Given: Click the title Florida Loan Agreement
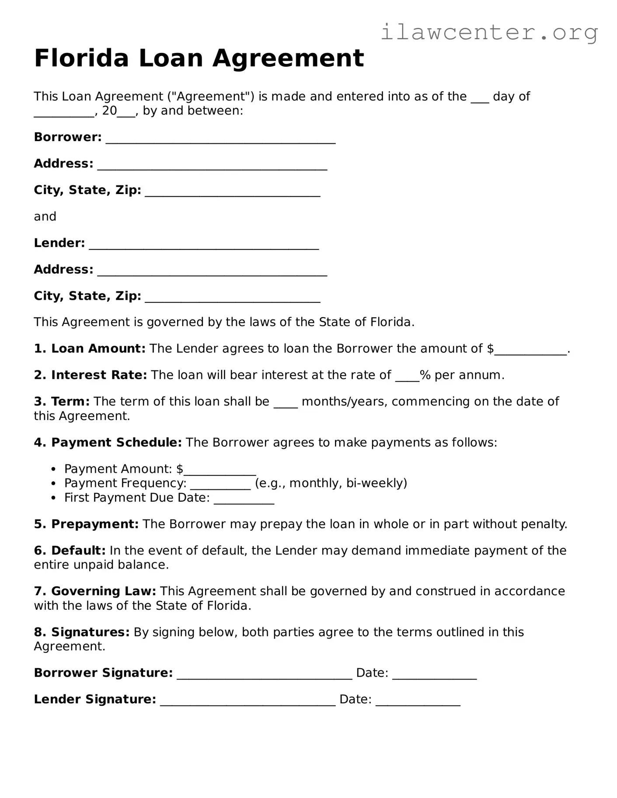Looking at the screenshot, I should pos(199,58).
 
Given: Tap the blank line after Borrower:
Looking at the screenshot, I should pos(220,139).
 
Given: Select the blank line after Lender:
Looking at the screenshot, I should pos(204,244).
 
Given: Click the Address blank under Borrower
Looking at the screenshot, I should pos(212,165).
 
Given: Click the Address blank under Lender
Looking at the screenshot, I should pos(212,271).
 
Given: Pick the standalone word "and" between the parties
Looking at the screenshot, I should pos(45,217).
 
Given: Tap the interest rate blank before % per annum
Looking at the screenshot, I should pos(407,377).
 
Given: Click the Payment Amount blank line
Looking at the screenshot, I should pos(220,471).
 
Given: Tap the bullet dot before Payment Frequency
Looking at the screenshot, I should pos(53,483).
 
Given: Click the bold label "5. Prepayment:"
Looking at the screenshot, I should pos(86,524).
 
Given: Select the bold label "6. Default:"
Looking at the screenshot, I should pos(70,551).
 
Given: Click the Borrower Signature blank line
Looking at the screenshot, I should pos(264,674).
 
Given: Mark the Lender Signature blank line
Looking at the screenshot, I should pos(247,701).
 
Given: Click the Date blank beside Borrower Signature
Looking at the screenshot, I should pos(434,674).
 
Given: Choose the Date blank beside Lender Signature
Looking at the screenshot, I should pos(418,701).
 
